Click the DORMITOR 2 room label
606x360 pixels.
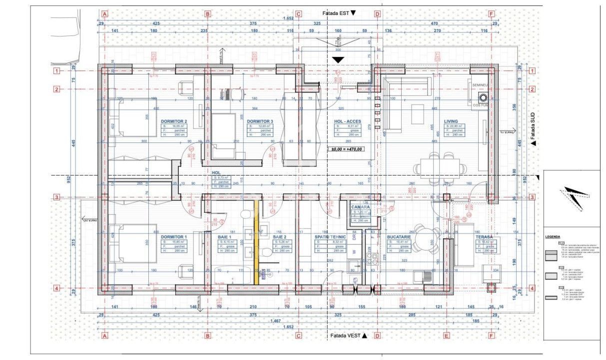click(174, 121)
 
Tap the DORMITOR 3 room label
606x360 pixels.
click(260, 121)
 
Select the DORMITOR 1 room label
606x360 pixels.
click(174, 236)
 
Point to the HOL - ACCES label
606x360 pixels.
click(347, 121)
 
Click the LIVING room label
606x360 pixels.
click(451, 121)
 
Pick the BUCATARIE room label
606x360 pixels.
click(398, 236)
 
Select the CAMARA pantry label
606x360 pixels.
click(360, 207)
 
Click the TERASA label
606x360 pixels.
click(484, 236)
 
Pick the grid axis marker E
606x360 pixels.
click(446, 336)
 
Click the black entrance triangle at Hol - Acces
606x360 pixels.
click(339, 60)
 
